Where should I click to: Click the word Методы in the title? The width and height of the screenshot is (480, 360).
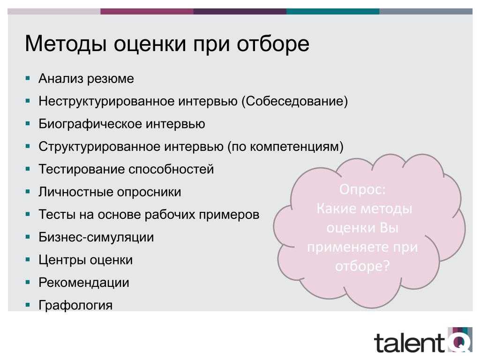(66, 44)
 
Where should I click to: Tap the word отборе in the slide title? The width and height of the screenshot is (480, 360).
(273, 44)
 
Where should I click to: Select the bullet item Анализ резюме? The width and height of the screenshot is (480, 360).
(86, 79)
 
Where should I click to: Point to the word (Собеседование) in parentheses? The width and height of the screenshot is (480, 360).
(295, 101)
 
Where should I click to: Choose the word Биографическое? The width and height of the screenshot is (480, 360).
(90, 124)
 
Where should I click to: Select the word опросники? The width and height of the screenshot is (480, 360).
(149, 192)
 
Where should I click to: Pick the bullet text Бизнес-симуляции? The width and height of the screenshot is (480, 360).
(96, 237)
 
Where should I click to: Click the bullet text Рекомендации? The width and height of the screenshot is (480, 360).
(84, 283)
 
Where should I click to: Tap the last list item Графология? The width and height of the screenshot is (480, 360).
(75, 305)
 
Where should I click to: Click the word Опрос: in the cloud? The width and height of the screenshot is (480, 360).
(362, 189)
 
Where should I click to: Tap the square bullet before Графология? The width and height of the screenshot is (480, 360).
(28, 305)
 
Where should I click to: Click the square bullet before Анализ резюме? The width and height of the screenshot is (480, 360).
(28, 78)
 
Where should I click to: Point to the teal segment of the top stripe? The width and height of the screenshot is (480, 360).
(333, 11)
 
